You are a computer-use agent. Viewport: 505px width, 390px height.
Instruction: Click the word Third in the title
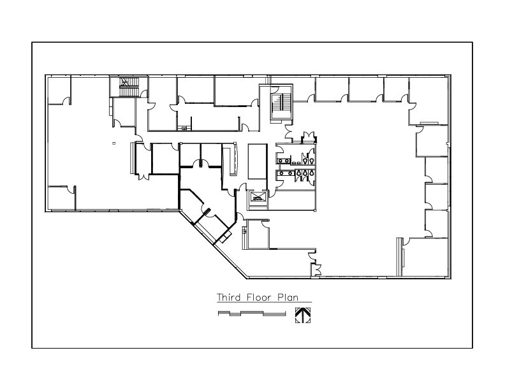pos(229,297)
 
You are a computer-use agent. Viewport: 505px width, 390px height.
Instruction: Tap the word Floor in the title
pos(257,297)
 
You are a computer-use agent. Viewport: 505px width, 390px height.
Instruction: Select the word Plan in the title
pos(288,297)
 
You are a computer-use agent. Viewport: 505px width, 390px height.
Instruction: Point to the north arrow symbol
pos(303,315)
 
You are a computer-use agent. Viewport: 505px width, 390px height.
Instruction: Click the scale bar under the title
pos(252,314)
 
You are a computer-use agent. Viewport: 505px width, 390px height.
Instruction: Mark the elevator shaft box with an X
pos(257,198)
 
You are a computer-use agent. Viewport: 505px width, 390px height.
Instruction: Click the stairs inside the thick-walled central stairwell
pos(277,106)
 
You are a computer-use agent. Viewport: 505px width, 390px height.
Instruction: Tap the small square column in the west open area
pos(113,143)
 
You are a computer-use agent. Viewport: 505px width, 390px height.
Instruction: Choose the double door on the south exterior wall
pos(318,270)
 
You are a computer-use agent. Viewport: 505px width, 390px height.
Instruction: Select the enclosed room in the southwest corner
pos(61,198)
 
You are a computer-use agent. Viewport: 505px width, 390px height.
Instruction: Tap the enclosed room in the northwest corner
pos(59,90)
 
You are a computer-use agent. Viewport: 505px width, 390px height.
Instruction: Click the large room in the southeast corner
pos(425,257)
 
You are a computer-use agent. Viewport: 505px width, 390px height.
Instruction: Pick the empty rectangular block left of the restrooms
pos(258,161)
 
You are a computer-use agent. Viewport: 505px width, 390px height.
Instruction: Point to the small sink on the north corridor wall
pos(184,128)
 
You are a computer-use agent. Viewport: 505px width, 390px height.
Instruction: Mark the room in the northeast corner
pos(428,101)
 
